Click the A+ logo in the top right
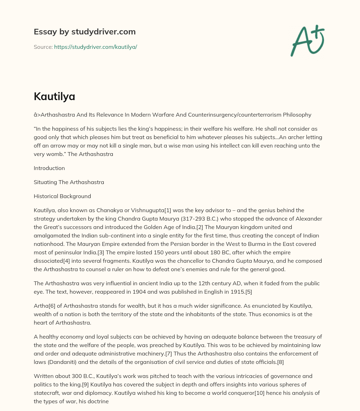coord(307,40)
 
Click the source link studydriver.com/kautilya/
coord(95,47)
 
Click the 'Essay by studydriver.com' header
coord(84,32)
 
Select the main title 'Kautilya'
coord(54,97)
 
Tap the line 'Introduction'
coord(49,168)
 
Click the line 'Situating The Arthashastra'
coord(69,182)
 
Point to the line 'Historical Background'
coord(62,196)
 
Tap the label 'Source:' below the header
coord(43,47)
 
